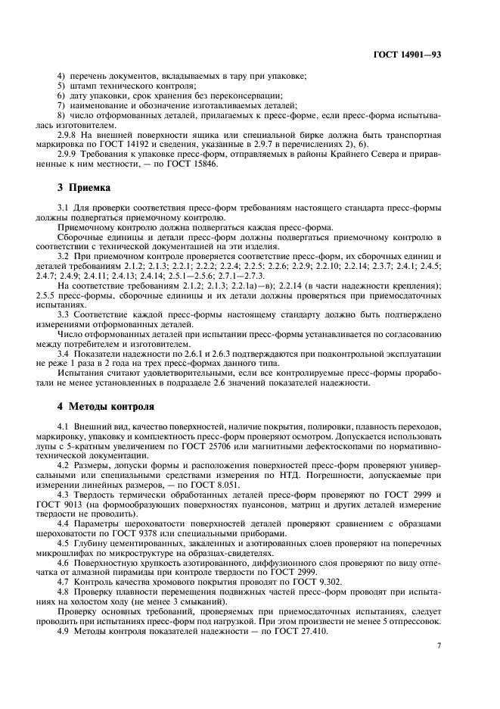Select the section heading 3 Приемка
[x=84, y=186]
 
